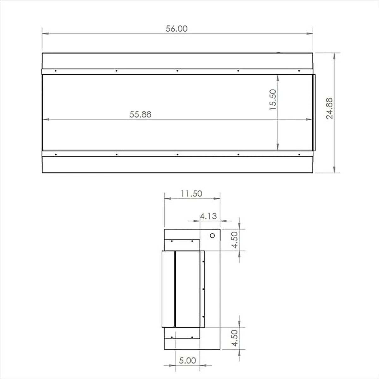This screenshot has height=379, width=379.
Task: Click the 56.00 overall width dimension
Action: click(x=177, y=29)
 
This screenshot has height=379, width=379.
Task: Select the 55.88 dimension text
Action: click(x=140, y=114)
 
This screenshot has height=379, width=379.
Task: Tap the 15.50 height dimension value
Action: click(x=273, y=99)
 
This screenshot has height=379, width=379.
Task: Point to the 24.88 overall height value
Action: click(x=329, y=109)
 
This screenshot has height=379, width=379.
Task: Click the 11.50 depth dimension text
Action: click(x=191, y=194)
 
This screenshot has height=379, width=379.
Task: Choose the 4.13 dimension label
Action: click(x=208, y=216)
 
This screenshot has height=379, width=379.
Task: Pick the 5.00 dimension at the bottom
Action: click(x=187, y=360)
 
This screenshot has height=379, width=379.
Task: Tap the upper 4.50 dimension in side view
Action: click(x=235, y=240)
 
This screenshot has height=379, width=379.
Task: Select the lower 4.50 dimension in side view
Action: click(x=235, y=338)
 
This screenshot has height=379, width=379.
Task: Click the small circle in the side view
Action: click(x=212, y=236)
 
